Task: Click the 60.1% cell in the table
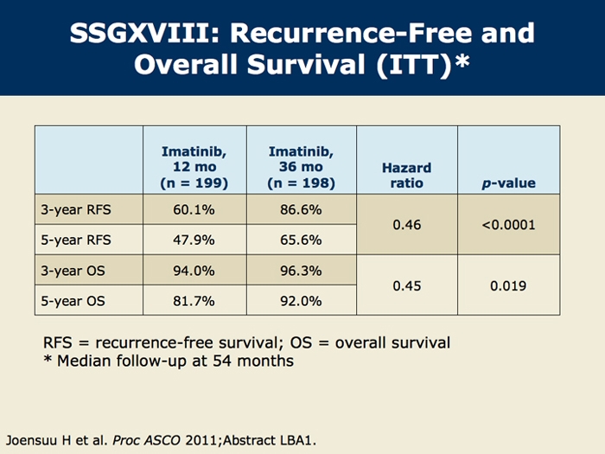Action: click(194, 209)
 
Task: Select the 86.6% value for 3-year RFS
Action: click(301, 209)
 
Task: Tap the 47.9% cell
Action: click(194, 240)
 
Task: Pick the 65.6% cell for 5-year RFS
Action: click(301, 240)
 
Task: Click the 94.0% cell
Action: click(194, 271)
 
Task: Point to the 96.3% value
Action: click(301, 271)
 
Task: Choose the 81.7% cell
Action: click(194, 301)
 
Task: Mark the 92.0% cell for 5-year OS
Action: click(301, 301)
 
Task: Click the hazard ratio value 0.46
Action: click(406, 225)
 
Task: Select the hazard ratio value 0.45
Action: click(406, 285)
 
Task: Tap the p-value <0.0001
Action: click(508, 225)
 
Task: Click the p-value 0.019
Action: click(508, 285)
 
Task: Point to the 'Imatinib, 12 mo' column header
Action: click(194, 167)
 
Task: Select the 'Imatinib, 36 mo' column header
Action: click(301, 167)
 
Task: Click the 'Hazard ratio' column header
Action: click(406, 175)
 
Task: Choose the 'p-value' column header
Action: click(508, 183)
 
